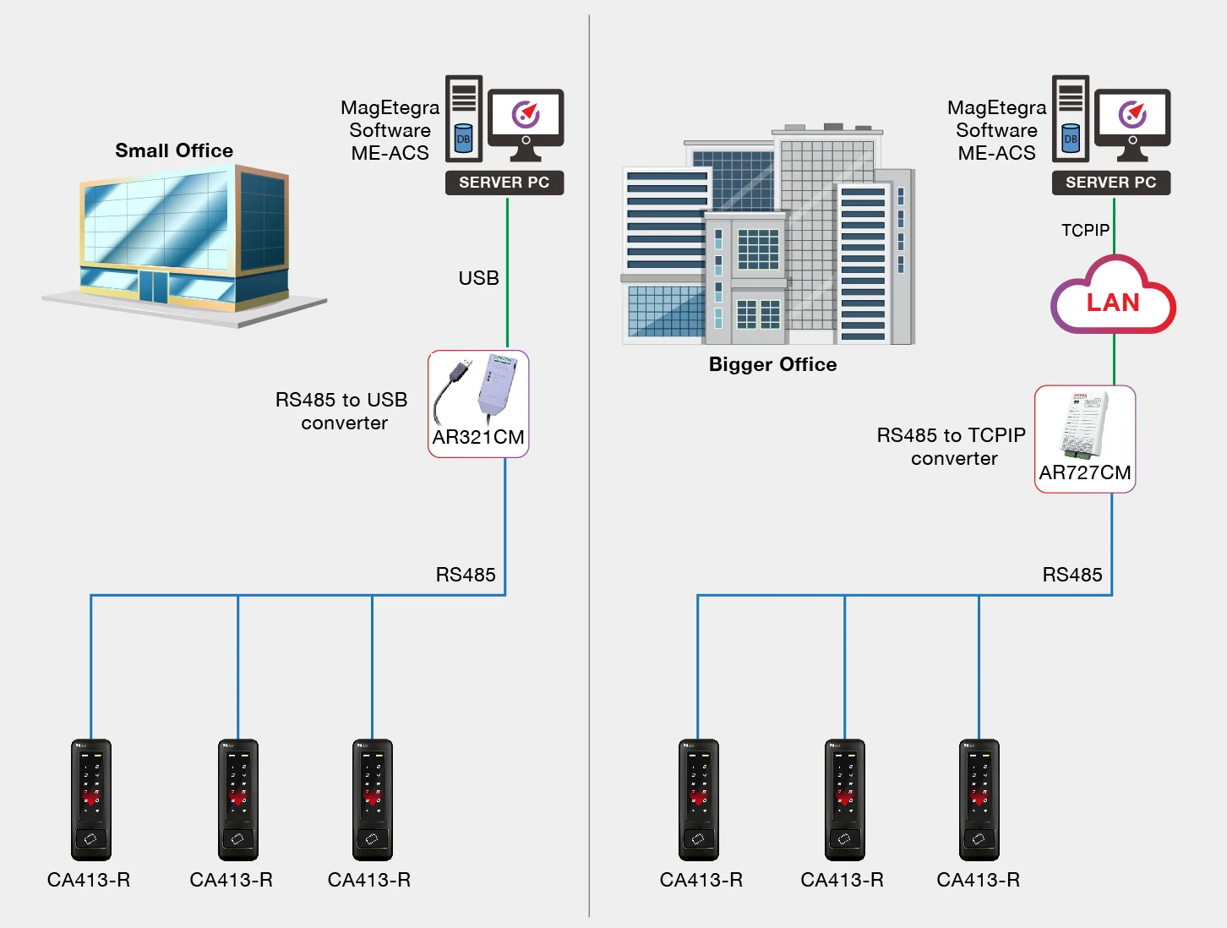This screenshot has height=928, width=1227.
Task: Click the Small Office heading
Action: [x=174, y=150]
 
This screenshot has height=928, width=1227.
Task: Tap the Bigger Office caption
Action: [x=772, y=364]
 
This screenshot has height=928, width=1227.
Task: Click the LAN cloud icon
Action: [x=1113, y=295]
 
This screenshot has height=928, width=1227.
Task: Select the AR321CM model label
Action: [x=478, y=437]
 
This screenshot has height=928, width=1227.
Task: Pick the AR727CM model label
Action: [x=1084, y=472]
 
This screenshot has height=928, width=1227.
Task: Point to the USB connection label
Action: [x=478, y=278]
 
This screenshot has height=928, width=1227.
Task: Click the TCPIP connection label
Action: [x=1085, y=231]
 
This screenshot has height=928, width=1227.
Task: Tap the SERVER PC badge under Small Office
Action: [x=504, y=183]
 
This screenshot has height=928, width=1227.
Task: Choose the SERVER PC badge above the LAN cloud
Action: [x=1110, y=183]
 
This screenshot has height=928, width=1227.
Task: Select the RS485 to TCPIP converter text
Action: [x=952, y=446]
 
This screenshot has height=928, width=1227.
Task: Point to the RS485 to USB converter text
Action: [x=342, y=411]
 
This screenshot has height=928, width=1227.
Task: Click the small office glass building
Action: [x=184, y=245]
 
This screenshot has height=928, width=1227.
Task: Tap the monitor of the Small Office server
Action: [x=526, y=124]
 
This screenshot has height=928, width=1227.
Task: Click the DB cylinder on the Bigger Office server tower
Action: [x=1071, y=138]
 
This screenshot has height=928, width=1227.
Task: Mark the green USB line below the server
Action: [x=507, y=273]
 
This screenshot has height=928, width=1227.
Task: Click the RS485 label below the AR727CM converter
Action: [x=1072, y=575]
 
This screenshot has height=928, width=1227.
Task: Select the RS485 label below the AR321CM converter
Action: [x=466, y=575]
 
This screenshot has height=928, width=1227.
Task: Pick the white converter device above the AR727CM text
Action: [x=1083, y=425]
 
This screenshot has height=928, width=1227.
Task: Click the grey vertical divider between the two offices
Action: [x=589, y=465]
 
